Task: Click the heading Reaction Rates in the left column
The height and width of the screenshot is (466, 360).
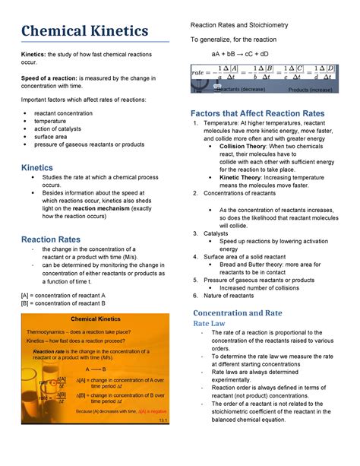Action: [x=52, y=239]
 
